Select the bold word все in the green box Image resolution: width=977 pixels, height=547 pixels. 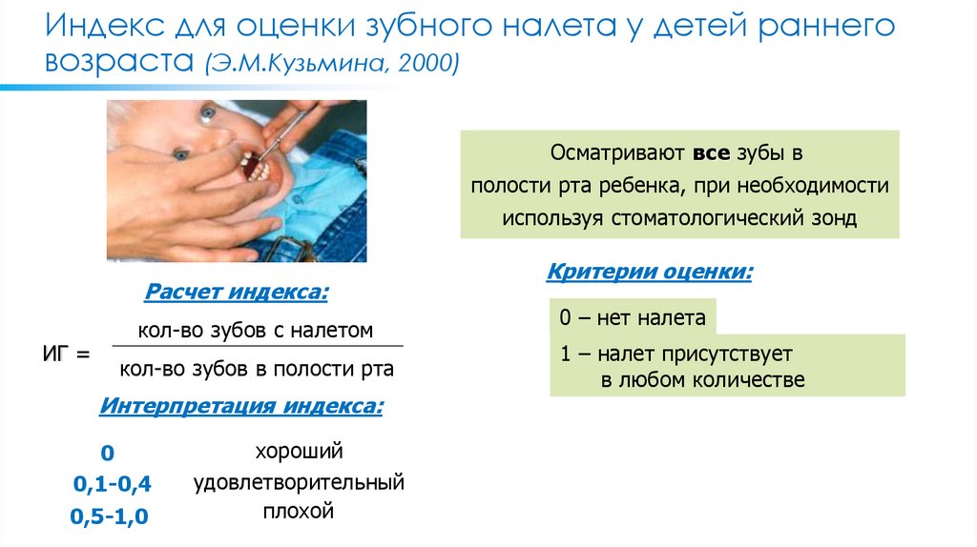pyautogui.click(x=711, y=152)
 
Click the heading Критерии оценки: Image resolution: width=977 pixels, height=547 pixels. pyautogui.click(x=650, y=273)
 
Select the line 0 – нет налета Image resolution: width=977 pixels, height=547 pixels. pyautogui.click(x=633, y=317)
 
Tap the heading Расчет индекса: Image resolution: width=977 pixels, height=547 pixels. pyautogui.click(x=237, y=292)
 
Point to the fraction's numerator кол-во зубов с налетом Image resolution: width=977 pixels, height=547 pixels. pyautogui.click(x=255, y=331)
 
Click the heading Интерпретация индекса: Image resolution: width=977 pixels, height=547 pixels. pyautogui.click(x=241, y=407)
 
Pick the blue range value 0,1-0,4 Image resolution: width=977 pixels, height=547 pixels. pyautogui.click(x=113, y=484)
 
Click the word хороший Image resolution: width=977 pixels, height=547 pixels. pyautogui.click(x=298, y=451)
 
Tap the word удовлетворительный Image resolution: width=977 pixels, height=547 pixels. pyautogui.click(x=299, y=482)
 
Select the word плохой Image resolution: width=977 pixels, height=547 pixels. pyautogui.click(x=298, y=512)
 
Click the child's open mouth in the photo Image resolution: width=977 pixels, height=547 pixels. pyautogui.click(x=254, y=168)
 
